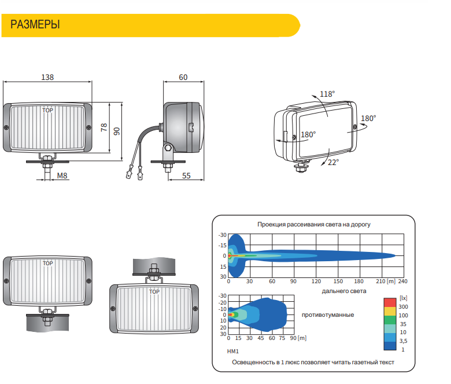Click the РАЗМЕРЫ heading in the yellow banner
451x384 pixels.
point(35,24)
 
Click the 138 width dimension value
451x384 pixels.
point(47,77)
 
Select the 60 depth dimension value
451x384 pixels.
point(183,77)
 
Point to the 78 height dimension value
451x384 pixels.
point(104,127)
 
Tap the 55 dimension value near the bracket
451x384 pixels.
point(186,175)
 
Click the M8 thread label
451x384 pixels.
point(62,175)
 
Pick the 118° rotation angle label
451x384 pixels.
point(327,94)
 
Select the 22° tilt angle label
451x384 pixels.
point(334,163)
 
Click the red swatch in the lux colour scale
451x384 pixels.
point(390,302)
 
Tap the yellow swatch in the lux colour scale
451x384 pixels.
point(390,312)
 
